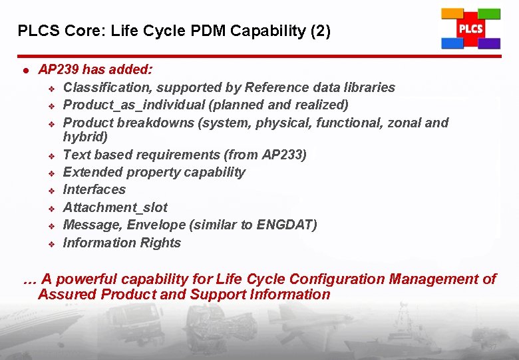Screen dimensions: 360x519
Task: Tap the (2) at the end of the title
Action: (318, 31)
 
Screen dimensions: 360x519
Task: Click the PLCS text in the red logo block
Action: (470, 29)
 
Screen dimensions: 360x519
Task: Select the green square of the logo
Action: (489, 13)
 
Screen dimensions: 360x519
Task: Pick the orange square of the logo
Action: (452, 13)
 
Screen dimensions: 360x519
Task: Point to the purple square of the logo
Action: (489, 43)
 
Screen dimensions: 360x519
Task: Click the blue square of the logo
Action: (452, 43)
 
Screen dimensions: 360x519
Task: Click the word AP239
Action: (58, 69)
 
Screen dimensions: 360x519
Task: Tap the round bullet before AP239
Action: (25, 70)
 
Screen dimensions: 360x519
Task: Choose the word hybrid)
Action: (85, 137)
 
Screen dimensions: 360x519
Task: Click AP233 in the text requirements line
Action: (283, 155)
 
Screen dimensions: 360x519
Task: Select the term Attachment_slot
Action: (115, 207)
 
